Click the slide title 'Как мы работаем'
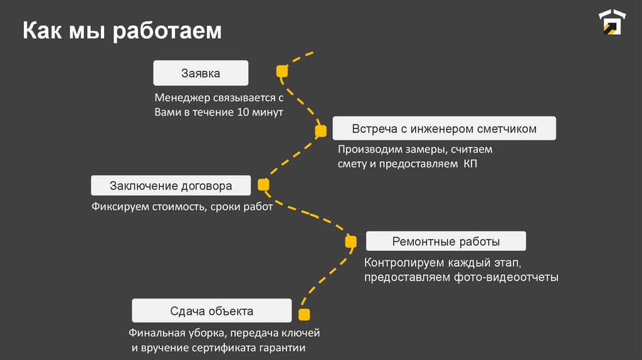click(122, 31)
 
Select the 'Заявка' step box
click(201, 73)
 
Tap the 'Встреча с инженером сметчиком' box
click(444, 129)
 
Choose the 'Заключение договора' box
click(171, 186)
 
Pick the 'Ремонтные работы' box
click(446, 241)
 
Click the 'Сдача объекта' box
click(211, 311)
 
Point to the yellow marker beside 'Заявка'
click(282, 71)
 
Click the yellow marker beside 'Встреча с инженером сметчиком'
click(320, 130)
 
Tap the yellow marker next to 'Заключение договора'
click(263, 184)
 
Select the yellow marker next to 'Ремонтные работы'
click(350, 241)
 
